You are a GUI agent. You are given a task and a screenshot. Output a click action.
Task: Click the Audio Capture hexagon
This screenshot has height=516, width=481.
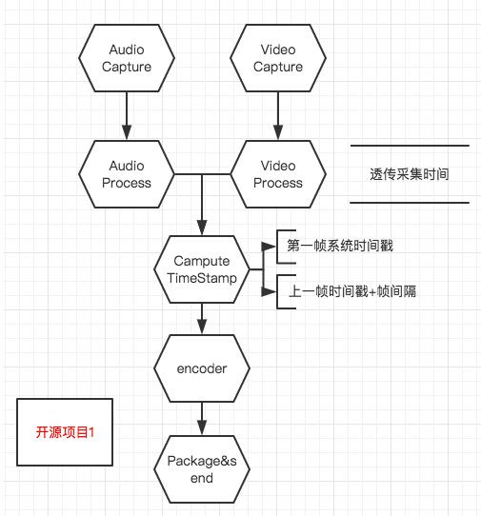click(127, 58)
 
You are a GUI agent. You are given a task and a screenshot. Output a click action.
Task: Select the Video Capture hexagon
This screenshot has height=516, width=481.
click(278, 58)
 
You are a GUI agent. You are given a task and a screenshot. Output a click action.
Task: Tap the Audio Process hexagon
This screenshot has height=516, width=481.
click(127, 174)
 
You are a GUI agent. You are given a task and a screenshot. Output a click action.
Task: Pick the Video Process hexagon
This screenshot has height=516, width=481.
click(278, 174)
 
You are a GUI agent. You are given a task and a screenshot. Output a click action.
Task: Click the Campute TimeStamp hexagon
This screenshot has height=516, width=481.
click(202, 269)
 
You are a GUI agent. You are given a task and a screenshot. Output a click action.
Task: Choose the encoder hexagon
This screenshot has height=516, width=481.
click(202, 368)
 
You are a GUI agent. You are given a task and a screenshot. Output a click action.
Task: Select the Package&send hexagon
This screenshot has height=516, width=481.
click(202, 469)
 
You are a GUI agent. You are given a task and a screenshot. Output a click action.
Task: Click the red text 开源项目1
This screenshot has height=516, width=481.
click(65, 432)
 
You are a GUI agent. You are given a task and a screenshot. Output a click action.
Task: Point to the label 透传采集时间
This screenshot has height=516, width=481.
click(410, 174)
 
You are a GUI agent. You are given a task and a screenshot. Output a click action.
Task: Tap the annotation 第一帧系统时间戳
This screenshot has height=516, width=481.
click(340, 246)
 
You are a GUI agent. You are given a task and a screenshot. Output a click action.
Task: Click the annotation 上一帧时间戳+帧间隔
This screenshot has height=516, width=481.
click(352, 291)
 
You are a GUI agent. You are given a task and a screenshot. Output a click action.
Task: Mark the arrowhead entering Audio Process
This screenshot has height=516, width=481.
click(127, 132)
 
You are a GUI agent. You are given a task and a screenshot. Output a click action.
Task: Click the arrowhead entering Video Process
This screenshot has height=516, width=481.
click(278, 132)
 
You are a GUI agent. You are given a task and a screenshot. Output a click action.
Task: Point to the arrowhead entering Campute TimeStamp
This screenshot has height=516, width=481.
click(202, 228)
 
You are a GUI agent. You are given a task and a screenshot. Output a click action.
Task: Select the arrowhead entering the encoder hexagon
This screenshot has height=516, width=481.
click(202, 327)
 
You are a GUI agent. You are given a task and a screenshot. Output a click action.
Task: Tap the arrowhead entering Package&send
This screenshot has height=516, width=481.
click(202, 427)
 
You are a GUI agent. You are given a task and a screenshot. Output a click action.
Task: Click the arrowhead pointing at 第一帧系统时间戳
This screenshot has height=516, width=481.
click(269, 247)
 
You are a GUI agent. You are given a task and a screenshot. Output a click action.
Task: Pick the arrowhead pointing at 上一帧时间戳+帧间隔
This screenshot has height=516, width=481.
click(269, 291)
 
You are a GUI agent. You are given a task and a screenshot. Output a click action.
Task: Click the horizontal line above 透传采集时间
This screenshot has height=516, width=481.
click(410, 145)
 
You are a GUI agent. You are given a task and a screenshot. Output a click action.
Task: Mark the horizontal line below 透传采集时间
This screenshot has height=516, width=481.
click(410, 203)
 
